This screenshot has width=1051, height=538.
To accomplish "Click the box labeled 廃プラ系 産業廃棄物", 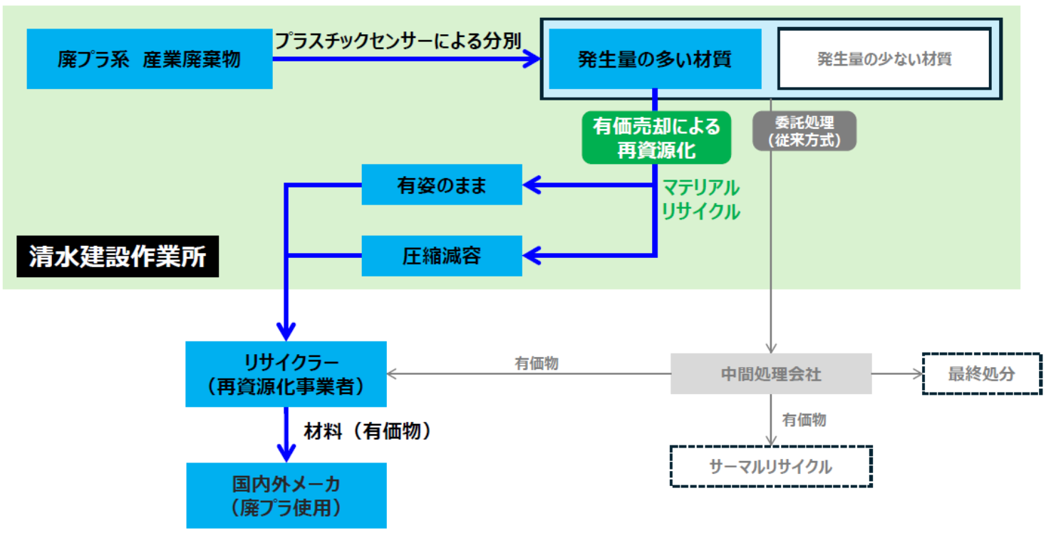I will tap(149, 59).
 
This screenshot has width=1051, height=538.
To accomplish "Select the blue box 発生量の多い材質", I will tap(654, 59).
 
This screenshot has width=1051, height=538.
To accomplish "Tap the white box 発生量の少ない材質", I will tap(884, 59).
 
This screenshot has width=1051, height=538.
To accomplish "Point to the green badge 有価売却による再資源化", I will tap(656, 138).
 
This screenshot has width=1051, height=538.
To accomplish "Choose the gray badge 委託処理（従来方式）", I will tap(804, 131).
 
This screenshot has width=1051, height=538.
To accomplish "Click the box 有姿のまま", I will tap(441, 185).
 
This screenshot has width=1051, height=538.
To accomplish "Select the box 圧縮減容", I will tap(441, 256).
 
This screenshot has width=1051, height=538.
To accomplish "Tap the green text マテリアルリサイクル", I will tap(700, 200).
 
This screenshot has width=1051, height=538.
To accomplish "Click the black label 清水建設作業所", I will tap(118, 257).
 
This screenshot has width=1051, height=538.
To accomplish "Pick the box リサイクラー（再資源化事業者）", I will tap(286, 374).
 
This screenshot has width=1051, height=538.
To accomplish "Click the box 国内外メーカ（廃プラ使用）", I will tap(286, 496).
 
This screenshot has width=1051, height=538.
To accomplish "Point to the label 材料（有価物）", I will tap(368, 431).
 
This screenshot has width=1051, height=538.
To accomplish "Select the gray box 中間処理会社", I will tap(771, 374).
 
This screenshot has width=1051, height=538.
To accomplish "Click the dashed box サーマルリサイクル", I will tap(771, 467).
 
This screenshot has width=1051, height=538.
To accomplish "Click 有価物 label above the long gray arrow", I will tap(537, 363).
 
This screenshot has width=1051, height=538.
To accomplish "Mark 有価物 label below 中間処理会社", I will tap(804, 420).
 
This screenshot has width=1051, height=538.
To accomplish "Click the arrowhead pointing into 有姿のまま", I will tap(532, 185).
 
